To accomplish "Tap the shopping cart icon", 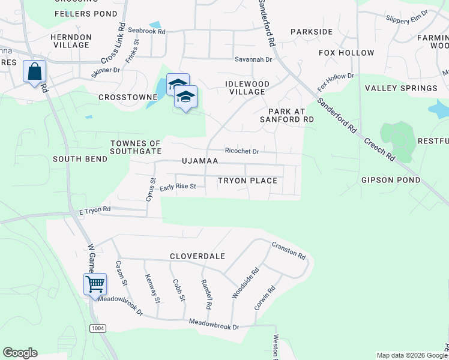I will (95, 284).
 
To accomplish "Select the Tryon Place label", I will (247, 181).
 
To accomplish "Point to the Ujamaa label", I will (200, 162).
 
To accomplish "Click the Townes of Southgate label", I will (136, 148).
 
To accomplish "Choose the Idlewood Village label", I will (247, 88).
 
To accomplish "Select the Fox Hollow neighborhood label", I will (346, 53).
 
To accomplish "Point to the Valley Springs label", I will (401, 88).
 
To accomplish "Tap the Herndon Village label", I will (71, 41).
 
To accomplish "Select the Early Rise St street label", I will (178, 187).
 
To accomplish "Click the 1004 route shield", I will (97, 328).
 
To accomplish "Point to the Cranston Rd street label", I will (289, 249).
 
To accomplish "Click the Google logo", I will (20, 353).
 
